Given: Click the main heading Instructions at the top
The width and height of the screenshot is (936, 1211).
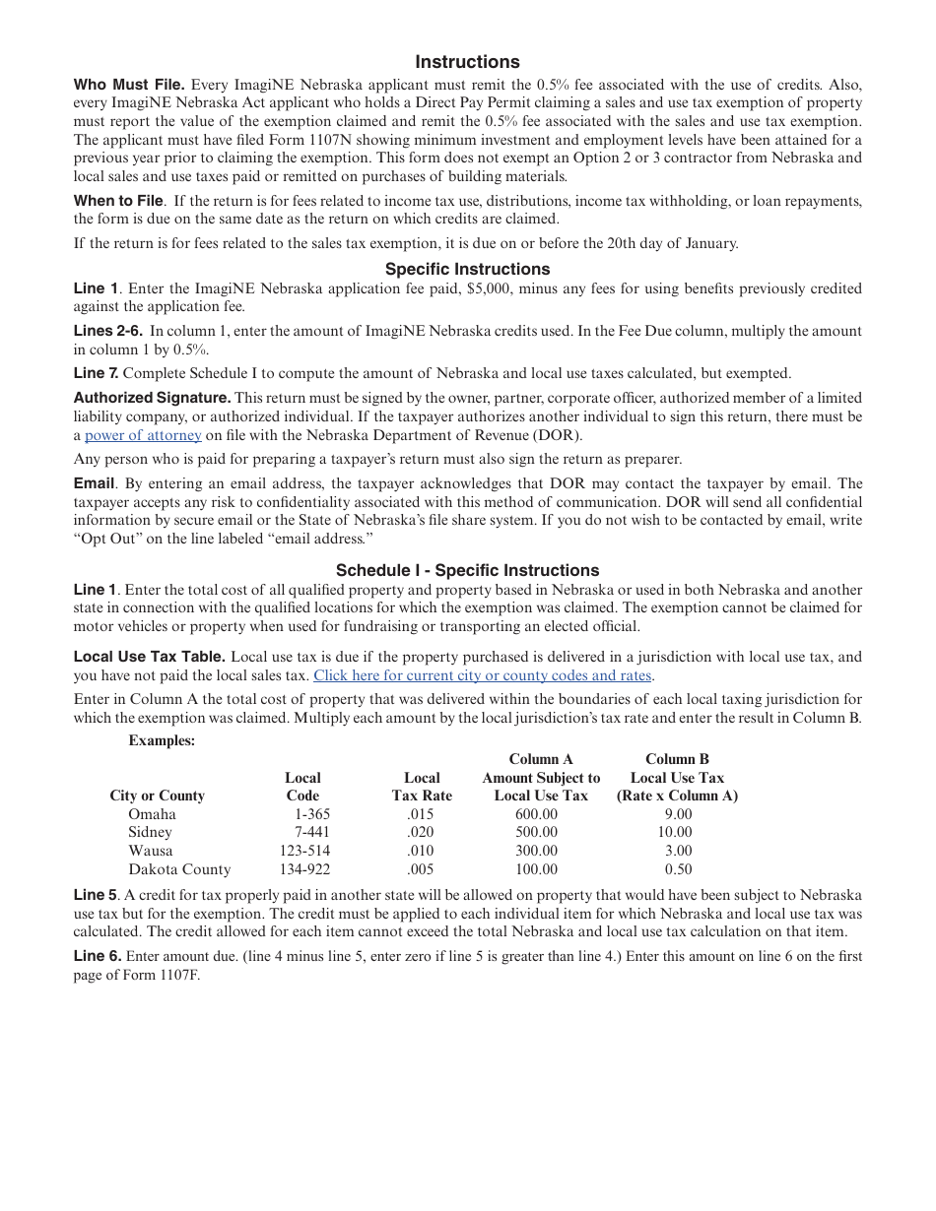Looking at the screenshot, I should (467, 62).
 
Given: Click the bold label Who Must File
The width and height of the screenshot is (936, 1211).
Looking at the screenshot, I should (129, 85).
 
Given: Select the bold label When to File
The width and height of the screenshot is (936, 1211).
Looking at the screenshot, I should (118, 201).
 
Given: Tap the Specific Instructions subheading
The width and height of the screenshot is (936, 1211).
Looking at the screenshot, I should (467, 269).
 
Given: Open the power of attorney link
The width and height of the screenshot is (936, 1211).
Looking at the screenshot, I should (143, 435).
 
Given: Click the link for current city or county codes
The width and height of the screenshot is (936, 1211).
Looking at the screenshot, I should (482, 675).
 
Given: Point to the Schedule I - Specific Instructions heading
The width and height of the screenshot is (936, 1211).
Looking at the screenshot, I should (467, 570).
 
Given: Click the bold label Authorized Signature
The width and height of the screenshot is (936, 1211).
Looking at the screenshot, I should (152, 398).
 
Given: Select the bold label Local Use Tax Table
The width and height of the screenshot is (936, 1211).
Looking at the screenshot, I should (149, 657).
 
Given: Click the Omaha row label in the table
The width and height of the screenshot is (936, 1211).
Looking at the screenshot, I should (152, 814).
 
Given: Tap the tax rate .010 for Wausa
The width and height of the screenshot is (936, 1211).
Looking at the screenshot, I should (420, 851).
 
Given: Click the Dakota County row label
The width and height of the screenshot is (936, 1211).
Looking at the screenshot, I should (179, 869).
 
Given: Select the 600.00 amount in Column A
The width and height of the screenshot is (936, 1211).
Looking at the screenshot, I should (536, 814).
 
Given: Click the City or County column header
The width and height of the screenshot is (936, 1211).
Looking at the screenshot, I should (157, 796).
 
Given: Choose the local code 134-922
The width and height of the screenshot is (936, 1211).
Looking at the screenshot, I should (304, 869).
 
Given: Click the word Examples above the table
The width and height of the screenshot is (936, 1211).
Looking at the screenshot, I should (162, 740).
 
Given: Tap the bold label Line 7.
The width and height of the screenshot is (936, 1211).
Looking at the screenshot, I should (96, 373).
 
